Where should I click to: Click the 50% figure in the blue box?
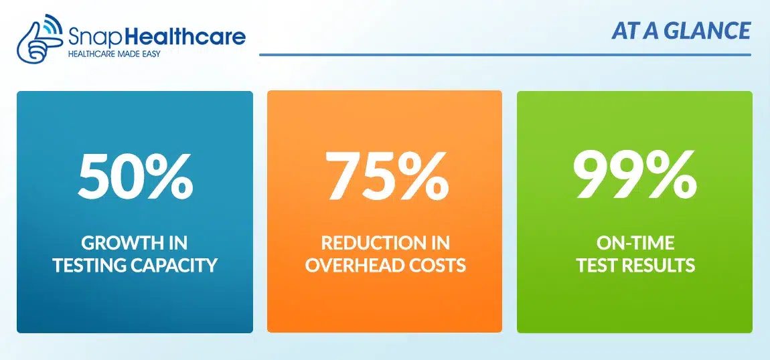click(x=135, y=175)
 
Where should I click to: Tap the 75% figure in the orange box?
click(x=388, y=175)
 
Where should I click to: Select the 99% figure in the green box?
click(x=635, y=175)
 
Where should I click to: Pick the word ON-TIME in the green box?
click(x=635, y=243)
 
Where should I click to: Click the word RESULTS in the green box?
click(x=661, y=266)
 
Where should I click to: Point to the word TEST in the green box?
click(x=598, y=266)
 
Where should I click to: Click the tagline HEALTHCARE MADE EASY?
click(x=113, y=53)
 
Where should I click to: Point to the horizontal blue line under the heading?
click(x=506, y=54)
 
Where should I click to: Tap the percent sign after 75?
click(x=423, y=175)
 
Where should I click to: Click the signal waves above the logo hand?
click(x=52, y=23)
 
